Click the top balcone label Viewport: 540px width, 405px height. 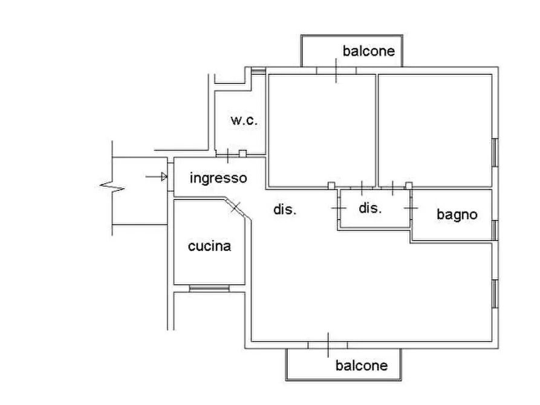point(368,51)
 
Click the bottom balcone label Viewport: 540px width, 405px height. point(361,365)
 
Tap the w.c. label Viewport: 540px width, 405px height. point(244,120)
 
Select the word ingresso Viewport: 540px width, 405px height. point(218,178)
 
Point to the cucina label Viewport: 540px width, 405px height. point(209,246)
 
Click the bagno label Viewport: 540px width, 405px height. point(457,214)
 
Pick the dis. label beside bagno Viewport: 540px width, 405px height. point(370,208)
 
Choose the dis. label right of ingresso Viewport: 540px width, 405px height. point(285,210)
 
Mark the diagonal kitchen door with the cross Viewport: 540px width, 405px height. point(235,207)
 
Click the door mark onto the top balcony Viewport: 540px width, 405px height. point(336,70)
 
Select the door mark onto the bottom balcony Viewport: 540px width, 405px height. point(328,345)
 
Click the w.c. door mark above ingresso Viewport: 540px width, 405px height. point(227,155)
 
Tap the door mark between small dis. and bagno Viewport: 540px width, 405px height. point(411,208)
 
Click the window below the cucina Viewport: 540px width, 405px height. point(209,289)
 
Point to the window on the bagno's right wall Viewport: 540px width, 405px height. point(495,230)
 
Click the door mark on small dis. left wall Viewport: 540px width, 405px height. point(338,208)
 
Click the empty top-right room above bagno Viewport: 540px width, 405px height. point(434,130)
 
